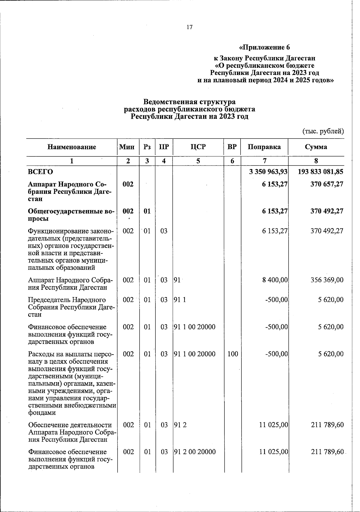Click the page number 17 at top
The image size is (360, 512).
pos(189,27)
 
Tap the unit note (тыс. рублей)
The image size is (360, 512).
pos(322,131)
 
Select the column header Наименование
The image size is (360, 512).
pos(72,147)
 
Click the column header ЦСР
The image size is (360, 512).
pos(198,147)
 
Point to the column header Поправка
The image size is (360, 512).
pos(264,147)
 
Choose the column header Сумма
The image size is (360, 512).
pos(316,147)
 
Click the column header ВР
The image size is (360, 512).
pos(232,147)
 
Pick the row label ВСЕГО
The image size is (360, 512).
pos(40,172)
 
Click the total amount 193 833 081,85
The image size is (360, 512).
pos(320,172)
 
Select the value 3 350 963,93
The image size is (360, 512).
pos(268,172)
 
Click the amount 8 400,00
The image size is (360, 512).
pos(273,280)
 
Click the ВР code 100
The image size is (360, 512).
pos(232,354)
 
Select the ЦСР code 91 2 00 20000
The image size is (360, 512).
pos(195,452)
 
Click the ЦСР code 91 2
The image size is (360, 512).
pos(180,425)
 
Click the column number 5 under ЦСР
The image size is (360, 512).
pos(198,161)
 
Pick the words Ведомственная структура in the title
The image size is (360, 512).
pos(189,102)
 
